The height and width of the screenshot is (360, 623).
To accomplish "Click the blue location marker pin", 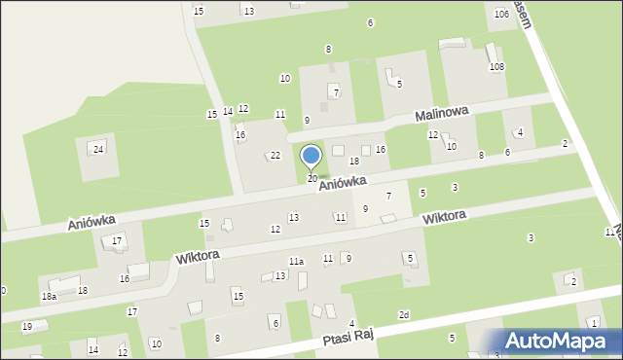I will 311,157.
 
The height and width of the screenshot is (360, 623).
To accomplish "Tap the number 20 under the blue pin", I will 312,179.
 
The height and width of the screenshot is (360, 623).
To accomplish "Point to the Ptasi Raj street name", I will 356,337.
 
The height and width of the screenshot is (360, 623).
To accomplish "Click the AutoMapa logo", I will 559,341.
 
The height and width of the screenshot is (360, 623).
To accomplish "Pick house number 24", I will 98,149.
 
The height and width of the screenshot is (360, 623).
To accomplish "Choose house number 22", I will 275,156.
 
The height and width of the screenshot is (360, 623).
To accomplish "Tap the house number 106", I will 501,15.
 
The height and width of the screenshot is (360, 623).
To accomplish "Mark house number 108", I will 496,67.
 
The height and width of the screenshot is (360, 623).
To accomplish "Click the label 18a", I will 49,296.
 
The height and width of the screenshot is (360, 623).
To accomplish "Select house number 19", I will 27,326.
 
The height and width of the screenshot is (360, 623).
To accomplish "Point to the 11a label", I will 296,262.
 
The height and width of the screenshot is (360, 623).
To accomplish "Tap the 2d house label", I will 404,315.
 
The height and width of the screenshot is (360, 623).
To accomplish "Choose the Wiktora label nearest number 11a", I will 198,255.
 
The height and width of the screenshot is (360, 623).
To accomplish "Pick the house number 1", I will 593,323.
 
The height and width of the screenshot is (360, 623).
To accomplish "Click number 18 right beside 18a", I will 83,291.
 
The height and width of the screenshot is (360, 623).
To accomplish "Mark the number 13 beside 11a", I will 280,276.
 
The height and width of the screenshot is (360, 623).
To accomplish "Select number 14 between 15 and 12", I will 228,112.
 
